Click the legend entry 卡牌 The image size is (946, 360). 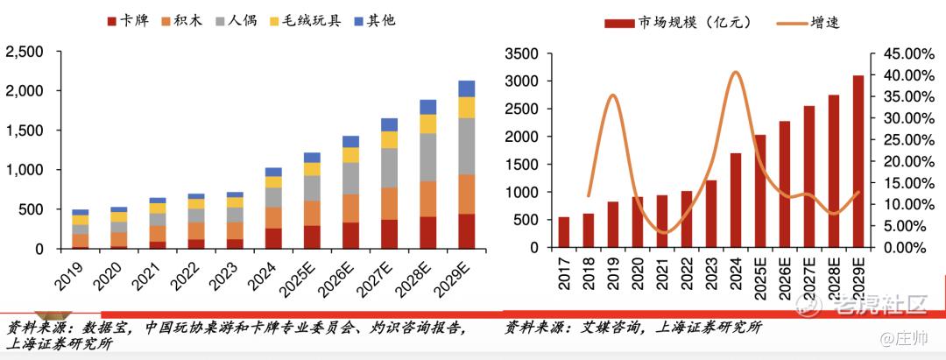tap(126, 19)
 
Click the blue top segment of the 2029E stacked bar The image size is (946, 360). tap(466, 88)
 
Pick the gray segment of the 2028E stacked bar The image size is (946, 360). tap(427, 157)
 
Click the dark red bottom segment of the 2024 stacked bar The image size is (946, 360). tap(274, 238)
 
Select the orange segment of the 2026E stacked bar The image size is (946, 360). tap(350, 208)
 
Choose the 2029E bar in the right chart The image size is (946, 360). tap(857, 161)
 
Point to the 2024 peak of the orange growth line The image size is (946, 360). tap(735, 72)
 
